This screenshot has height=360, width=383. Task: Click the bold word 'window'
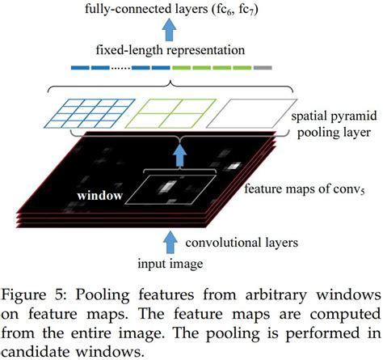click(100, 197)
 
